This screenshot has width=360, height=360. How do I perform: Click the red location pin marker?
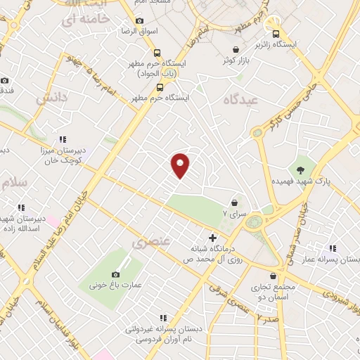pyautogui.click(x=181, y=165)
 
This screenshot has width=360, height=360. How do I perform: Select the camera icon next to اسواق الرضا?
pyautogui.click(x=139, y=21)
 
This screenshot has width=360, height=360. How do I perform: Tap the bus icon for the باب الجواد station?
pyautogui.click(x=157, y=52)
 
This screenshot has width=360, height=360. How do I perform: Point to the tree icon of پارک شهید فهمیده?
pyautogui.click(x=301, y=169)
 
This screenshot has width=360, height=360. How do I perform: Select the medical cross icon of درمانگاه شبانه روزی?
pyautogui.click(x=212, y=238)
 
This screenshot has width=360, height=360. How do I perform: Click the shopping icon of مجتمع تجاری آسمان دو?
pyautogui.click(x=273, y=276)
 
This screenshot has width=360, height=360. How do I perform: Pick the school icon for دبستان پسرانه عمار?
pyautogui.click(x=332, y=248)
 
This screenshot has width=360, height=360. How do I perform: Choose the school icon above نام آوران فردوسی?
pyautogui.click(x=163, y=318)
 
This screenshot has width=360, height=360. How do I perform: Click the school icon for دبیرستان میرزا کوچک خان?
pyautogui.click(x=63, y=139)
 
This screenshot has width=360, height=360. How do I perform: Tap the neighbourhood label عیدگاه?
pyautogui.click(x=241, y=100)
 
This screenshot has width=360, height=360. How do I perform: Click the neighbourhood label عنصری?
pyautogui.click(x=151, y=243)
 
